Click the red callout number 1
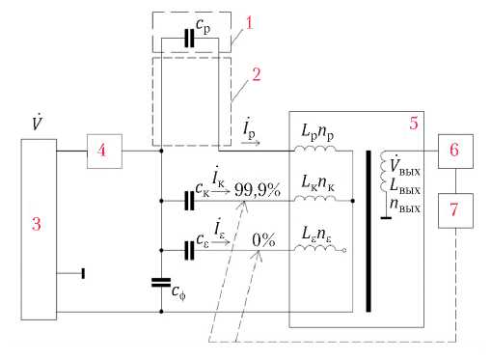point(250,23)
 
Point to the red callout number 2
point(256,74)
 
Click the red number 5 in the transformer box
point(414,123)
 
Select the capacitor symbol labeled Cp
point(189,39)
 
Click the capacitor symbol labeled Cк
point(189,201)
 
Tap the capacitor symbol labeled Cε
point(189,250)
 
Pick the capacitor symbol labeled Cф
point(161,282)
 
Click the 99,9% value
point(258,190)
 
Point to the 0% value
point(263,240)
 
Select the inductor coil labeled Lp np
point(315,149)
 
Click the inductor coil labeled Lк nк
point(315,198)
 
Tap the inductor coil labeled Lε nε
point(315,248)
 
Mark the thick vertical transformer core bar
point(368,232)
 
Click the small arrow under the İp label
point(251,143)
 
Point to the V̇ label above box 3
point(38,122)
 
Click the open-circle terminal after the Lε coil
point(344,250)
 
